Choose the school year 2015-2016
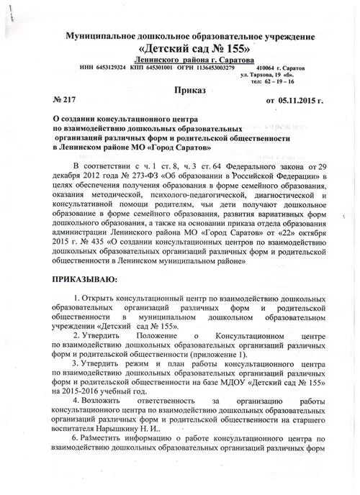point(86,391)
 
